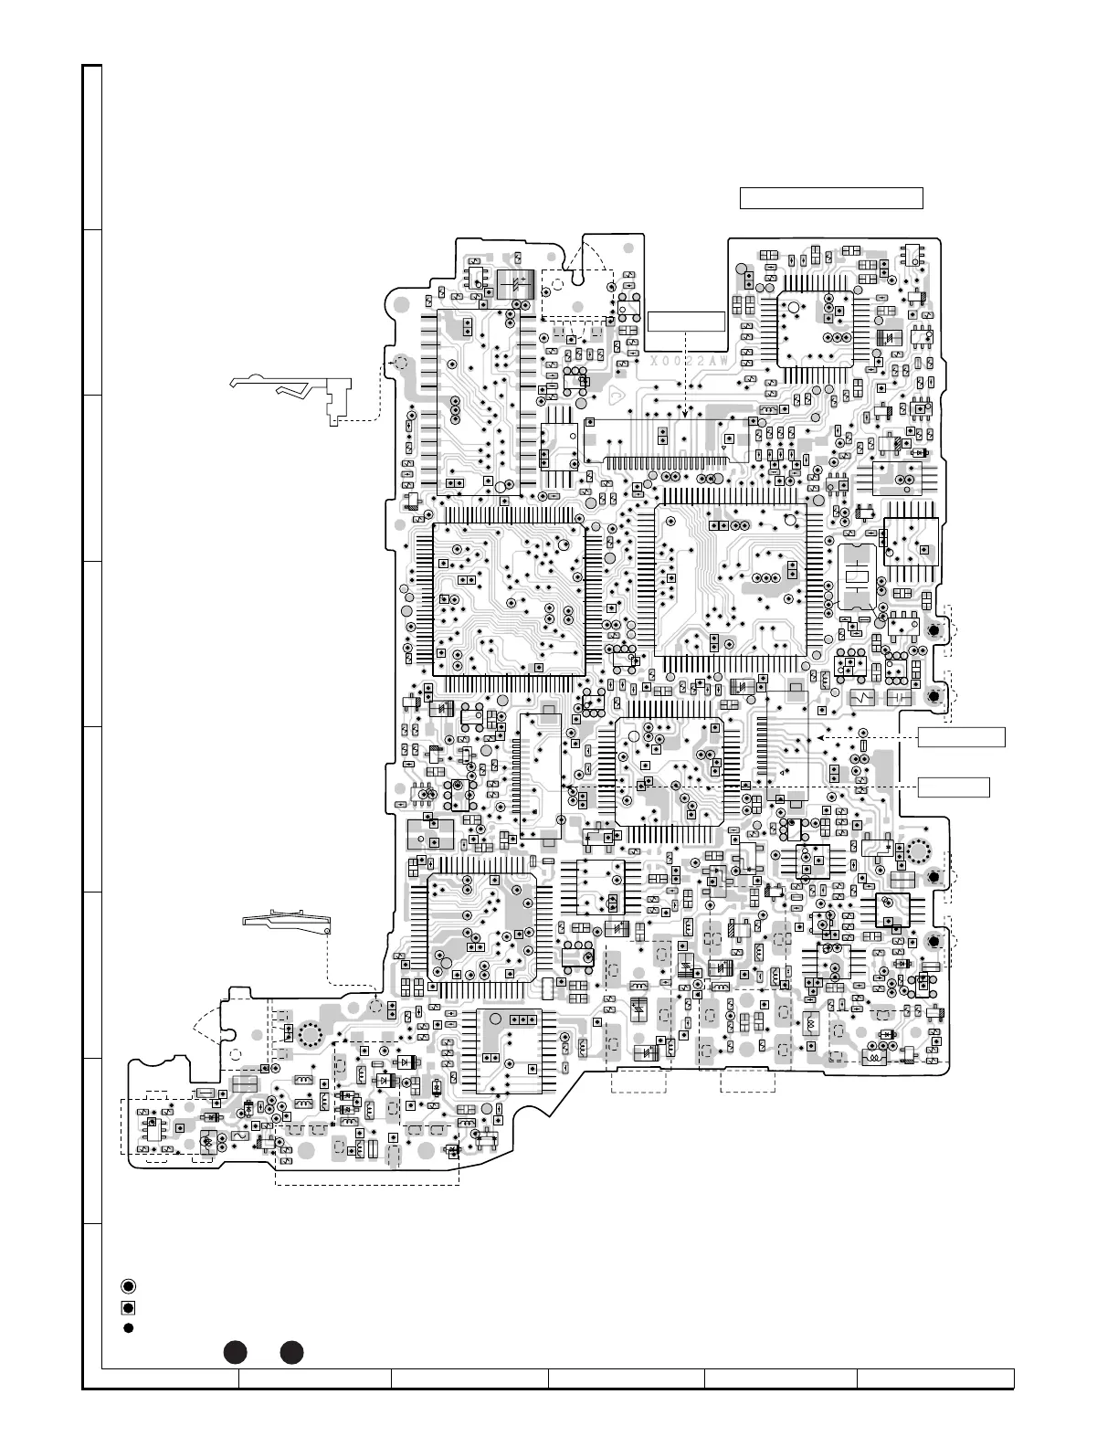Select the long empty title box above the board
pyautogui.click(x=831, y=198)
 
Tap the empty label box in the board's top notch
pyautogui.click(x=685, y=322)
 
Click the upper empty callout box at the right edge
pyautogui.click(x=961, y=737)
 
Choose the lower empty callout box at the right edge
pyautogui.click(x=954, y=787)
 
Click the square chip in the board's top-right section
pyautogui.click(x=814, y=329)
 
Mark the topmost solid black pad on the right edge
pyautogui.click(x=934, y=631)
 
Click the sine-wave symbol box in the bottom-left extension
pyautogui.click(x=242, y=1135)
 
